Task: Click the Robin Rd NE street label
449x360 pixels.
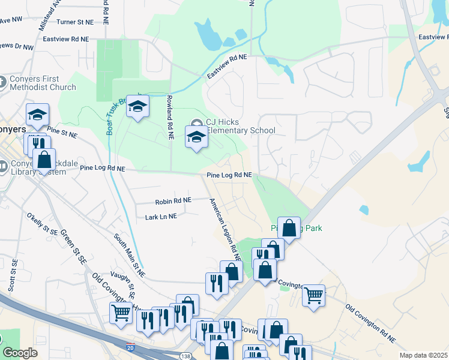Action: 173,200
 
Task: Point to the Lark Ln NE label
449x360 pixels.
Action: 161,216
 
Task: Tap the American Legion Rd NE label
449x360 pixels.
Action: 224,229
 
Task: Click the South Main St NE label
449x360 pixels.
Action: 130,254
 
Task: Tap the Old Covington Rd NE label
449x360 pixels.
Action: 370,324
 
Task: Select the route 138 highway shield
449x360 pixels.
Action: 186,356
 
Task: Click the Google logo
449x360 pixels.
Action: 20,353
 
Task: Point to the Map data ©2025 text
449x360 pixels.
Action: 423,355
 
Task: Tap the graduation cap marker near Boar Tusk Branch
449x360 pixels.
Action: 138,106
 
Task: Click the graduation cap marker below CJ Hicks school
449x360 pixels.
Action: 196,137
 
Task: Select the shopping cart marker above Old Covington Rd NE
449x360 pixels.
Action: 313,295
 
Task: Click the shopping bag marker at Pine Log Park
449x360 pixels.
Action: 289,228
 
